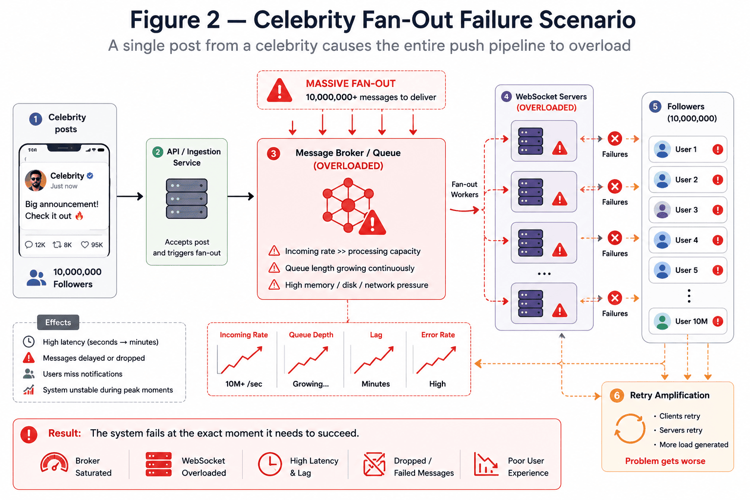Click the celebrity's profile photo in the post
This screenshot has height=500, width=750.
point(36,180)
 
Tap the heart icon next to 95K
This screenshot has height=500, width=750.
point(85,245)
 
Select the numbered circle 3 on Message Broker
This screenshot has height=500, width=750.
point(273,154)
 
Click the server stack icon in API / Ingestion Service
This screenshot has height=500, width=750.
point(187,199)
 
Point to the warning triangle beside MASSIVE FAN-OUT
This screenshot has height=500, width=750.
point(280,90)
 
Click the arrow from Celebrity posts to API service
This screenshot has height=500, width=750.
point(130,196)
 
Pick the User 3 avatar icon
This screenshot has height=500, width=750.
point(662,210)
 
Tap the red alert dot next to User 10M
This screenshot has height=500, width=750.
point(717,321)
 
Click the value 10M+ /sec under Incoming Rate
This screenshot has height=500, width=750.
point(244,384)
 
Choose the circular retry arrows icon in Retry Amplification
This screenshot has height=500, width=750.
point(630,429)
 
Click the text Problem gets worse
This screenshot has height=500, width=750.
point(665,461)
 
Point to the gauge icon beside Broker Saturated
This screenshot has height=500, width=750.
point(54,463)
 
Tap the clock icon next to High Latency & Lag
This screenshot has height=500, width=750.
point(270,464)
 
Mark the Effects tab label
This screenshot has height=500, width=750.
point(58,322)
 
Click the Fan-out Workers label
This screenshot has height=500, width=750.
point(464,189)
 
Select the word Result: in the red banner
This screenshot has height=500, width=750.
point(64,434)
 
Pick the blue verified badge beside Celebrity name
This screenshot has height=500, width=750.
point(90,175)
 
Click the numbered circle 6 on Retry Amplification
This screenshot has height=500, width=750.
point(617,396)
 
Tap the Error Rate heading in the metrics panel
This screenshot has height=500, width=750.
point(438,335)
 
